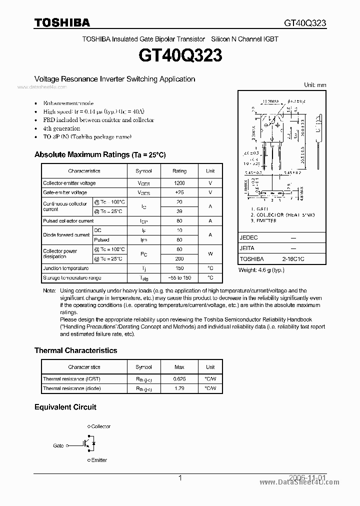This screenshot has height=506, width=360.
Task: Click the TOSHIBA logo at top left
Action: [x=61, y=22]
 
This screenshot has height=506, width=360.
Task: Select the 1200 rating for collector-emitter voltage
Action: [x=179, y=183]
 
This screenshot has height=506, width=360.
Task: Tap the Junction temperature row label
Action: [x=65, y=268]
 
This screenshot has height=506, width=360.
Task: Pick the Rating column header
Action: [x=179, y=171]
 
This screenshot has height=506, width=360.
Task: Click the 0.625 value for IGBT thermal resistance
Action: [x=179, y=379]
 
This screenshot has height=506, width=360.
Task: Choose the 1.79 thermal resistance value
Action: [x=179, y=388]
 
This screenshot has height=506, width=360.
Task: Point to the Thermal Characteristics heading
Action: [x=75, y=350]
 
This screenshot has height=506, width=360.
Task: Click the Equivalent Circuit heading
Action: [x=65, y=407]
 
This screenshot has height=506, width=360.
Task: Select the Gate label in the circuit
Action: [x=58, y=445]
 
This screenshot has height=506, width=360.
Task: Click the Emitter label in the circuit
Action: [x=99, y=460]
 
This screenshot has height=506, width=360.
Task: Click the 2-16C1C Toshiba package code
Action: [x=293, y=259]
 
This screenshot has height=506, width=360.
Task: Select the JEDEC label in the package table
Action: [x=248, y=237]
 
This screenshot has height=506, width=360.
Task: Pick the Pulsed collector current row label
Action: [x=68, y=220]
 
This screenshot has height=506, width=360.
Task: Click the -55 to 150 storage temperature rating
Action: [x=179, y=277]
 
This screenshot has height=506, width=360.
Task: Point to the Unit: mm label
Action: [x=315, y=85]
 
